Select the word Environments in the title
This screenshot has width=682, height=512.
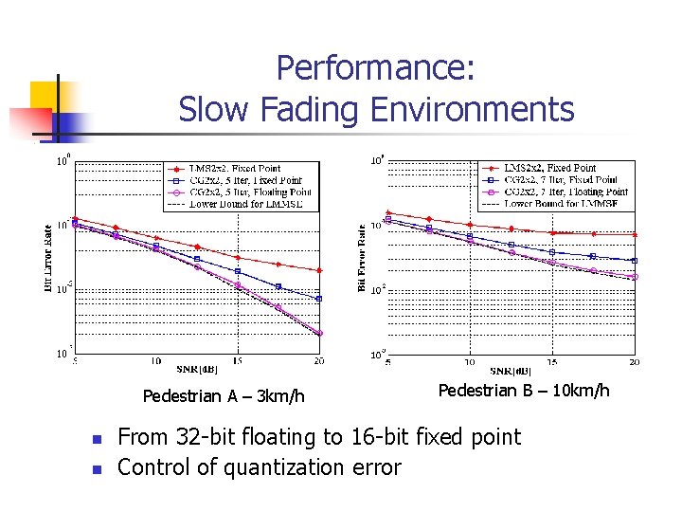tap(472, 110)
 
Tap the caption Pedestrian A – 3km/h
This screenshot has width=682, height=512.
tap(224, 395)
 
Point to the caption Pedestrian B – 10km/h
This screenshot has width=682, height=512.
tap(524, 391)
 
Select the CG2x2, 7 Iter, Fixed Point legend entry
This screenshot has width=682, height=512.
tap(561, 179)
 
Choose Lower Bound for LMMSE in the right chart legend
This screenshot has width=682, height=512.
tap(561, 204)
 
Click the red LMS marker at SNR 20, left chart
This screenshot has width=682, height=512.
tap(319, 270)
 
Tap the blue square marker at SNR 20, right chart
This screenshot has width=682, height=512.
tap(635, 261)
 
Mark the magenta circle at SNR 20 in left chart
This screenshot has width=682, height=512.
tap(319, 333)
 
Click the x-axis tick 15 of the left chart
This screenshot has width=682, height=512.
tap(238, 361)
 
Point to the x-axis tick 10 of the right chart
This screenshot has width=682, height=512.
tap(470, 362)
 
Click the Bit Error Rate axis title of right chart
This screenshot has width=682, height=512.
tap(363, 258)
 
